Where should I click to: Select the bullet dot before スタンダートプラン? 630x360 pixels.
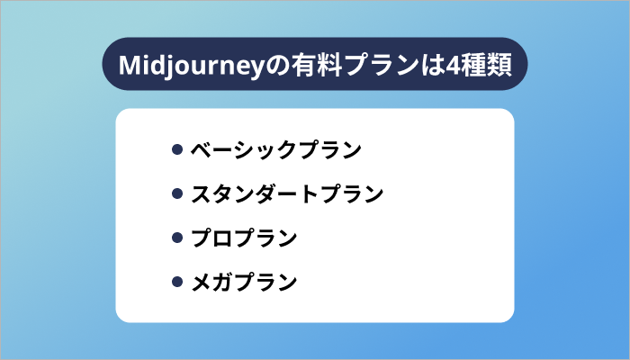177,193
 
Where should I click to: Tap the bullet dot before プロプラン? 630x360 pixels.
177,238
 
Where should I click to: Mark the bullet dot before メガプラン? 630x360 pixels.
177,283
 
